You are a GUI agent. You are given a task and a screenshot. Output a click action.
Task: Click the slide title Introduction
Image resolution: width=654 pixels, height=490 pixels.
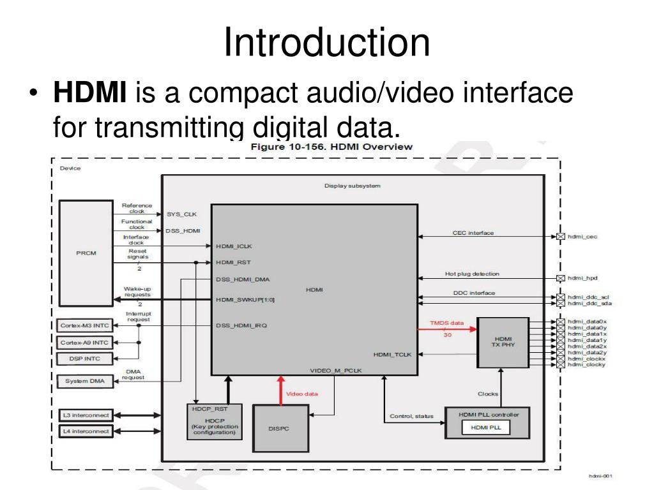pos(326,43)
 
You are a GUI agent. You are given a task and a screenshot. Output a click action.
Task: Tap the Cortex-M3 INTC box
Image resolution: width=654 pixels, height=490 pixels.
pos(84,325)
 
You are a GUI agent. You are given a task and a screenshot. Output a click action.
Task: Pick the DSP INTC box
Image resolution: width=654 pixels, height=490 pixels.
pos(84,359)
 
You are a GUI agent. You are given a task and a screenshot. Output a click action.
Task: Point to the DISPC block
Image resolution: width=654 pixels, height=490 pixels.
pos(278,428)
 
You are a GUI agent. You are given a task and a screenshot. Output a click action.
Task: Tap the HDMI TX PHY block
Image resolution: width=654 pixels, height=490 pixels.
pos(503,342)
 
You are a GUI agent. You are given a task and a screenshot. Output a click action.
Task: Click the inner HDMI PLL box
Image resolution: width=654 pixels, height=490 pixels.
pos(486,427)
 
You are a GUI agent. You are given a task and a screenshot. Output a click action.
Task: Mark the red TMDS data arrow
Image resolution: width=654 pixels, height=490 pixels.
pos(447,329)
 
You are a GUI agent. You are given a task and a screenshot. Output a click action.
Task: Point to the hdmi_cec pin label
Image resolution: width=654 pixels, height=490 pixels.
pos(582,237)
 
